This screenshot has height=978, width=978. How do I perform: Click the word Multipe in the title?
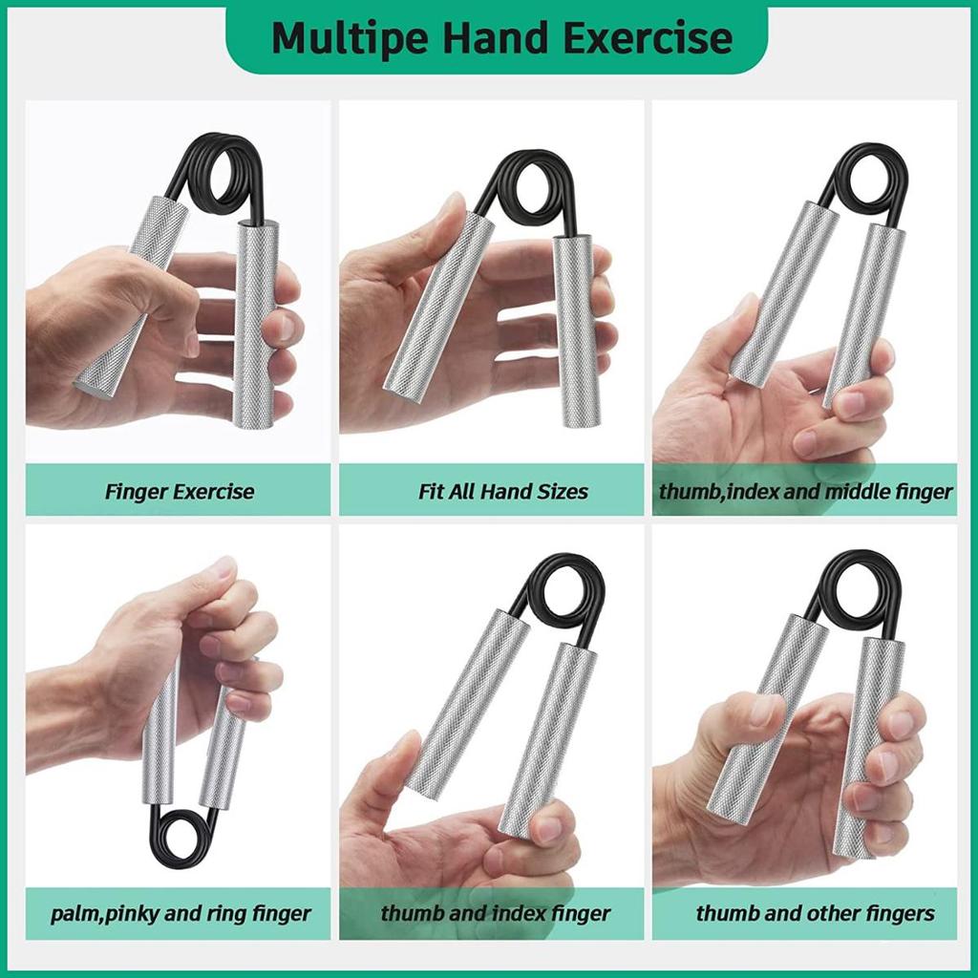pyautogui.click(x=350, y=37)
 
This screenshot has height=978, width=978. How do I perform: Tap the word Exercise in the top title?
pyautogui.click(x=648, y=37)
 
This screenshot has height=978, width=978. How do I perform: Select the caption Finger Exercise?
pyautogui.click(x=180, y=492)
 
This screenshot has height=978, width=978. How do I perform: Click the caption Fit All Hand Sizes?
pyautogui.click(x=502, y=492)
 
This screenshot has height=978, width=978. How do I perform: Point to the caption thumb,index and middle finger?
pyautogui.click(x=805, y=492)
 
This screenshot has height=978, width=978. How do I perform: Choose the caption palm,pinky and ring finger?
pyautogui.click(x=181, y=914)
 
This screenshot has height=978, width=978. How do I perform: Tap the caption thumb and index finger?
pyautogui.click(x=496, y=914)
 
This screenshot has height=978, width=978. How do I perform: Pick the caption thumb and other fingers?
pyautogui.click(x=816, y=914)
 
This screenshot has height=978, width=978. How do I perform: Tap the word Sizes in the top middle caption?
pyautogui.click(x=564, y=492)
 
